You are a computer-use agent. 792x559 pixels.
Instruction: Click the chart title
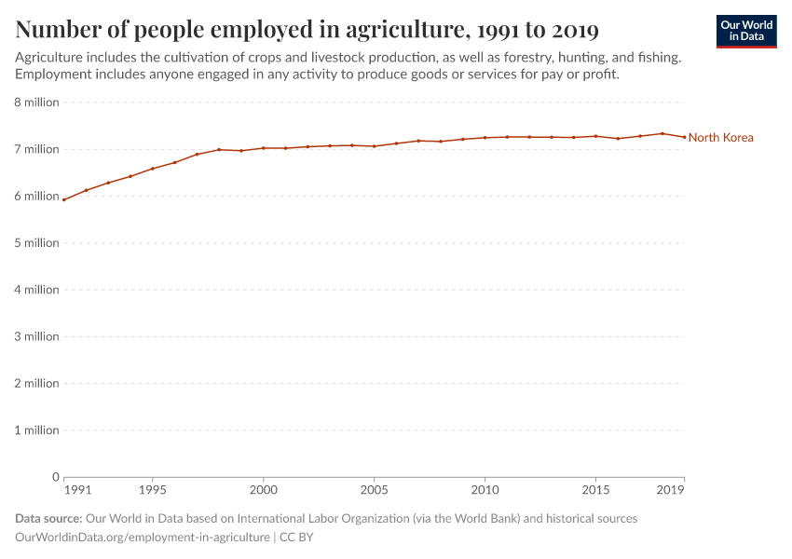307,30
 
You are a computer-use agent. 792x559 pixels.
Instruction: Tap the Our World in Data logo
746,31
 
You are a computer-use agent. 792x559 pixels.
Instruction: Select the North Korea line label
720,138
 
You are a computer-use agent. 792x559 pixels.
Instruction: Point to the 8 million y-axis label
37,102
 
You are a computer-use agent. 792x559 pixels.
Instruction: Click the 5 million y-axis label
37,243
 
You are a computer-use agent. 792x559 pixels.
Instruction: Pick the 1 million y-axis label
37,430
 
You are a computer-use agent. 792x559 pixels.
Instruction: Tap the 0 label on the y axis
56,477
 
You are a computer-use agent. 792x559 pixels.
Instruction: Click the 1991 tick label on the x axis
77,489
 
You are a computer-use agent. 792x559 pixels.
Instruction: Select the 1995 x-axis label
153,489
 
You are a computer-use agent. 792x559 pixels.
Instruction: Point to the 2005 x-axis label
374,489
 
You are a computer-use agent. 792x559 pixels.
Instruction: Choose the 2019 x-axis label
671,489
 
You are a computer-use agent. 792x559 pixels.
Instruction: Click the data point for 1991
64,199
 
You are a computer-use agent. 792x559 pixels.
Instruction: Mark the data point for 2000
264,148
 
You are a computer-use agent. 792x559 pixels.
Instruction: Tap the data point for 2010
485,138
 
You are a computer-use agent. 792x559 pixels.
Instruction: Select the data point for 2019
684,137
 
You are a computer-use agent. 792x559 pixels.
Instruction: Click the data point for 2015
595,136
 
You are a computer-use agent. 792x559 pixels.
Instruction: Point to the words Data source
48,518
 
